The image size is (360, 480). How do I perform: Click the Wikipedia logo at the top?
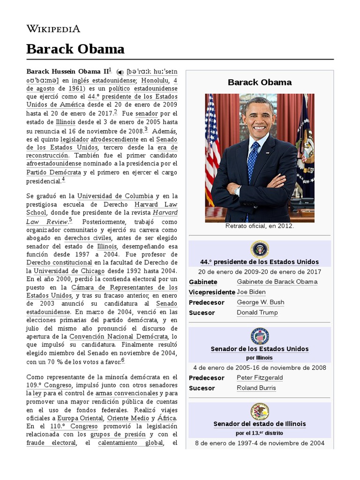pyautogui.click(x=53, y=29)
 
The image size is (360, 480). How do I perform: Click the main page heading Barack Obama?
pyautogui.click(x=75, y=49)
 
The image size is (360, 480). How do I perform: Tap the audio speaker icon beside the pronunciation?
pyautogui.click(x=120, y=72)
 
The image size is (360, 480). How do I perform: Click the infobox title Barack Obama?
pyautogui.click(x=259, y=82)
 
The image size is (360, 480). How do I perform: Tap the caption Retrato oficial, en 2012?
pyautogui.click(x=259, y=226)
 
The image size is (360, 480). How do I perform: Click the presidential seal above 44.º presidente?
pyautogui.click(x=259, y=249)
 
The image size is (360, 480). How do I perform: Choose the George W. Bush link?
pyautogui.click(x=260, y=302)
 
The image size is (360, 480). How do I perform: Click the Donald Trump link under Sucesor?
pyautogui.click(x=257, y=313)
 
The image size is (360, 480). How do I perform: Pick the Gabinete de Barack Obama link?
pyautogui.click(x=277, y=282)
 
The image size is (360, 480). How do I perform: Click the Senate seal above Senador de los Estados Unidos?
pyautogui.click(x=259, y=336)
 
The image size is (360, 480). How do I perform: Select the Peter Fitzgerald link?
pyautogui.click(x=260, y=378)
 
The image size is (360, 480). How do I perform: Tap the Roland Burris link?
pyautogui.click(x=256, y=388)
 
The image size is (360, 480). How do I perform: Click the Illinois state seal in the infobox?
pyautogui.click(x=259, y=411)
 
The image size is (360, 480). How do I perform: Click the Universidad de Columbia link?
pyautogui.click(x=115, y=196)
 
